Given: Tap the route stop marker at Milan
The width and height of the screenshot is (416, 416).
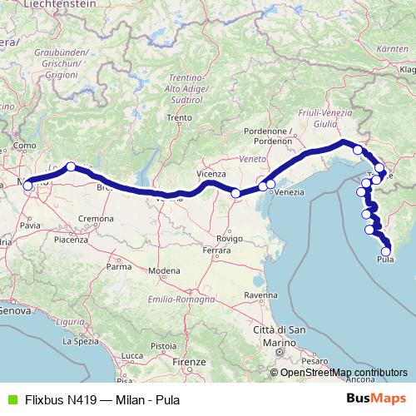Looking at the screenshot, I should (x=27, y=186).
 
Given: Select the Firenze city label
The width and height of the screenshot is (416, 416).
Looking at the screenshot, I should (x=191, y=363).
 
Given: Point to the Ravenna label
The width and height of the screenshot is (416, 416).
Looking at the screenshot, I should (x=260, y=295).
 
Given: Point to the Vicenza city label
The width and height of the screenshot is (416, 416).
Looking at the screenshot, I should (x=211, y=173).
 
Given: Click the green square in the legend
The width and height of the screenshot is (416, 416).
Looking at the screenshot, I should (x=9, y=399).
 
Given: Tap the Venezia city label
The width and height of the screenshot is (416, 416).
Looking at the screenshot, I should (x=288, y=192).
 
